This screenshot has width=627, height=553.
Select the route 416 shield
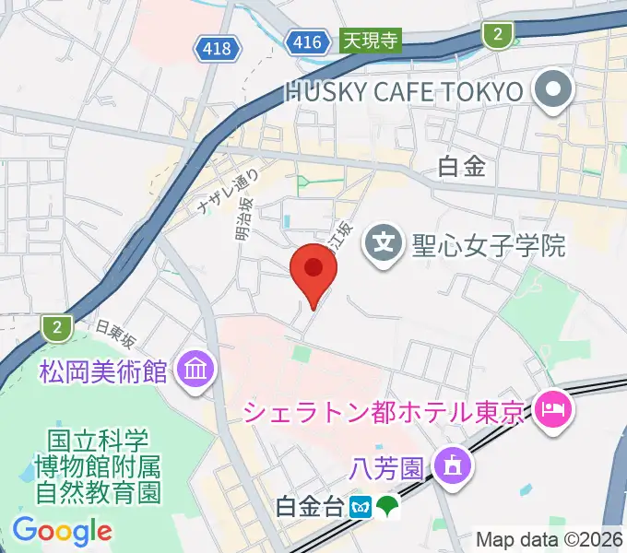pyautogui.click(x=305, y=41)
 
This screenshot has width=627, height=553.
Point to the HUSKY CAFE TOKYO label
pyautogui.click(x=404, y=91)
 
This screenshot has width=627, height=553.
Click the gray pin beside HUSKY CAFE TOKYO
pyautogui.click(x=556, y=90)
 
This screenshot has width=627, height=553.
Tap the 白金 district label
pyautogui.click(x=461, y=167)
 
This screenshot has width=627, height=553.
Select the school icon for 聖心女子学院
pyautogui.click(x=381, y=244)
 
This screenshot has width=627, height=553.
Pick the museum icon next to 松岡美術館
pyautogui.click(x=197, y=371)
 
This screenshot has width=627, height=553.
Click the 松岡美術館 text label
pyautogui.click(x=103, y=371)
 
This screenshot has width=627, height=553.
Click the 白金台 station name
pyautogui.click(x=313, y=506)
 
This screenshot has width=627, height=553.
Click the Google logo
pyautogui.click(x=62, y=531)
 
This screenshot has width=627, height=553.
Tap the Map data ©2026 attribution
pyautogui.click(x=549, y=539)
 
